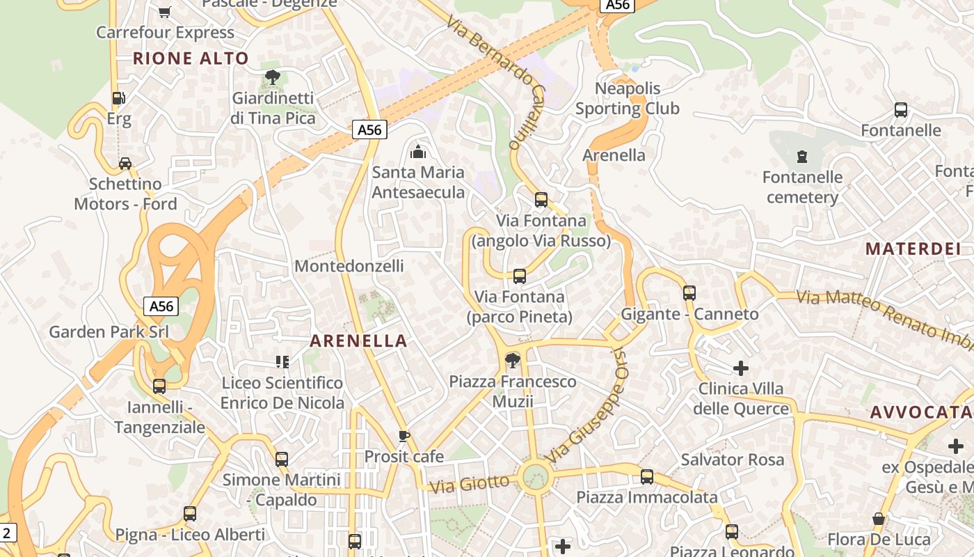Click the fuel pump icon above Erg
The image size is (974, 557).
pos(119,99)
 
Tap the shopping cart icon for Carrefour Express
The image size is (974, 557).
pos(165,12)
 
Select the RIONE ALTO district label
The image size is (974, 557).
pos(191,58)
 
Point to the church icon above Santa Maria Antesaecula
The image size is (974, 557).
pos(418,151)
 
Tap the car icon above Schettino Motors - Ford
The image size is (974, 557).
pos(125,164)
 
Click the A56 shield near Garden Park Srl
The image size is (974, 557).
pos(161,306)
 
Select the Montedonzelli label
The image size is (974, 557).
pos(349,266)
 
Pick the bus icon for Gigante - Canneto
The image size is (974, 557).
pos(689,293)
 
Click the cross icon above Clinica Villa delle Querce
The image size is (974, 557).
pos(741,368)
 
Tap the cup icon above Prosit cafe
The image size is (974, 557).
pos(404,437)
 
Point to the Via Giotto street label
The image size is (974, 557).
pos(470,483)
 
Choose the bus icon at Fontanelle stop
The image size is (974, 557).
pos(901,110)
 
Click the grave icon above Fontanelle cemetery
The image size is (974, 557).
pos(802,156)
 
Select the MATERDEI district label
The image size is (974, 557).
pos(913,249)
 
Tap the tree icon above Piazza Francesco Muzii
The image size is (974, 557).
pos(513,361)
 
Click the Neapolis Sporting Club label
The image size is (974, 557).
pos(628,99)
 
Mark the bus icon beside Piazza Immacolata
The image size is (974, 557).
pos(647,477)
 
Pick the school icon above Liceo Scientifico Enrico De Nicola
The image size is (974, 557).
pos(282,362)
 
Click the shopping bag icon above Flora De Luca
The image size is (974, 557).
pos(879,519)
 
